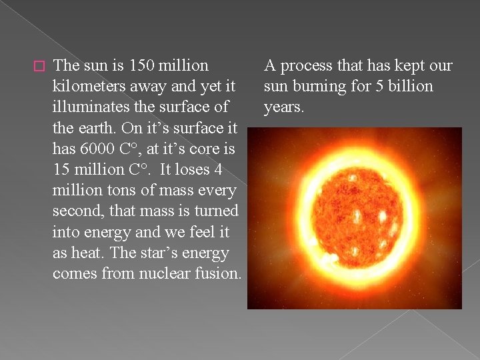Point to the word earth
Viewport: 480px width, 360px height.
click(x=94, y=128)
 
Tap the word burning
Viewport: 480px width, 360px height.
click(x=319, y=87)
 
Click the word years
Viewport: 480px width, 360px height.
click(x=283, y=107)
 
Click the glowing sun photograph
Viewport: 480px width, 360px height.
click(x=354, y=218)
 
